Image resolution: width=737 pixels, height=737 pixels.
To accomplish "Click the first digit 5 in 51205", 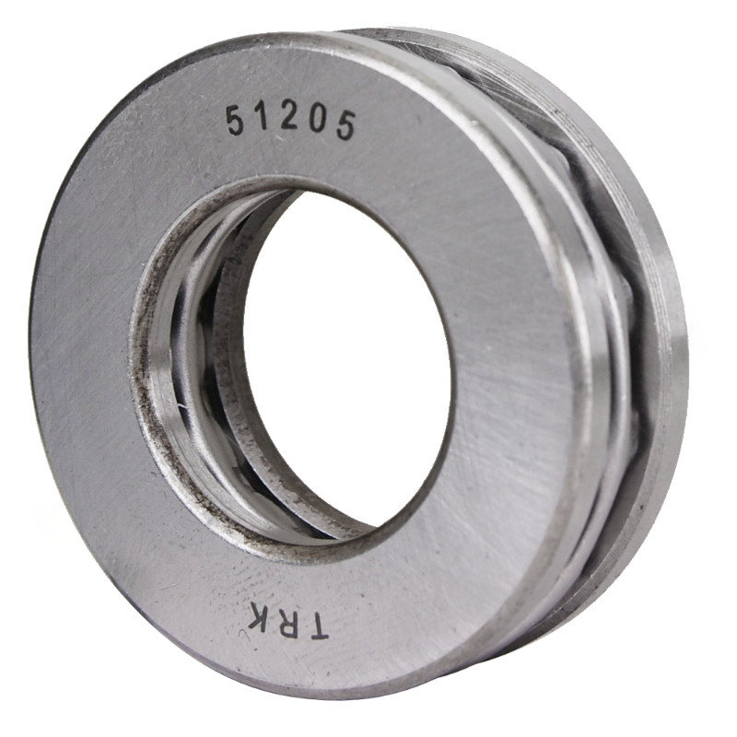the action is coord(236,121).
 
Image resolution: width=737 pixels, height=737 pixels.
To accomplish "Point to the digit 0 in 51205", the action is coord(318,122).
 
